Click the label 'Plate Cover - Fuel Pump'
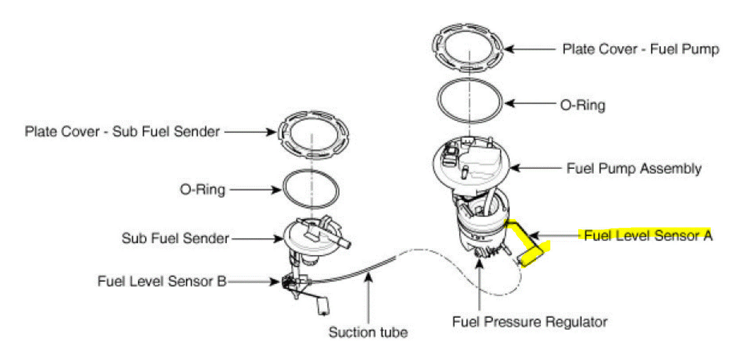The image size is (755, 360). click(x=640, y=49)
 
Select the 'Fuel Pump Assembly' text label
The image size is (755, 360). click(x=634, y=168)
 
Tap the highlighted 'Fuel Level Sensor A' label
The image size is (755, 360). click(x=647, y=235)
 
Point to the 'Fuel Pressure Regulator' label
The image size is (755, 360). click(x=529, y=322)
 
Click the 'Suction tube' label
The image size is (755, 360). click(x=368, y=332)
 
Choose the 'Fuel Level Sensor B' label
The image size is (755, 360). click(x=162, y=281)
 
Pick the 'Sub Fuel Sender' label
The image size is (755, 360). click(x=175, y=239)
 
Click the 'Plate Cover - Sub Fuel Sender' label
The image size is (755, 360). click(x=122, y=132)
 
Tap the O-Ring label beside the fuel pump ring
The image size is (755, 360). click(x=583, y=105)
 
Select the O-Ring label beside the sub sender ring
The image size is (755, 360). click(x=202, y=190)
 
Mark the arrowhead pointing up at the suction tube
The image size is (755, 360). click(x=368, y=277)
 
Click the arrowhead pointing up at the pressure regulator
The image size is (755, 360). click(x=479, y=264)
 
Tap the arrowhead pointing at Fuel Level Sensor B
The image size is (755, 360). click(x=276, y=281)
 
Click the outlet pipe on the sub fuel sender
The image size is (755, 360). click(x=343, y=243)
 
